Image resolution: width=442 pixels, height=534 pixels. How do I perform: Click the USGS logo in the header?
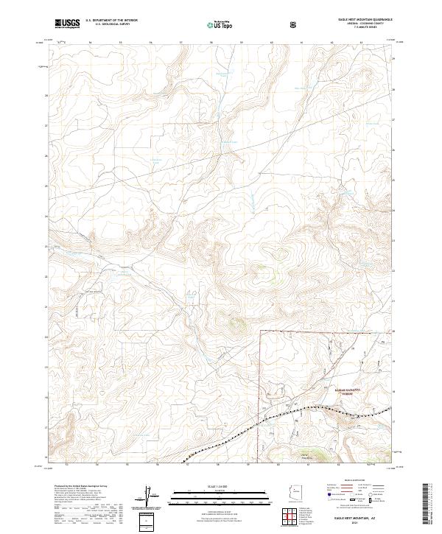pyautogui.click(x=67, y=24)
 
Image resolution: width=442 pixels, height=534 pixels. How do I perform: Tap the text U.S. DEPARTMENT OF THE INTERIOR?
pyautogui.click(x=111, y=21)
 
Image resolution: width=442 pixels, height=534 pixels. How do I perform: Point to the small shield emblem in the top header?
pyautogui.click(x=295, y=24)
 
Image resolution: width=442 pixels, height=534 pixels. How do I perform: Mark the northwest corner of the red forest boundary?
pyautogui.click(x=260, y=332)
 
